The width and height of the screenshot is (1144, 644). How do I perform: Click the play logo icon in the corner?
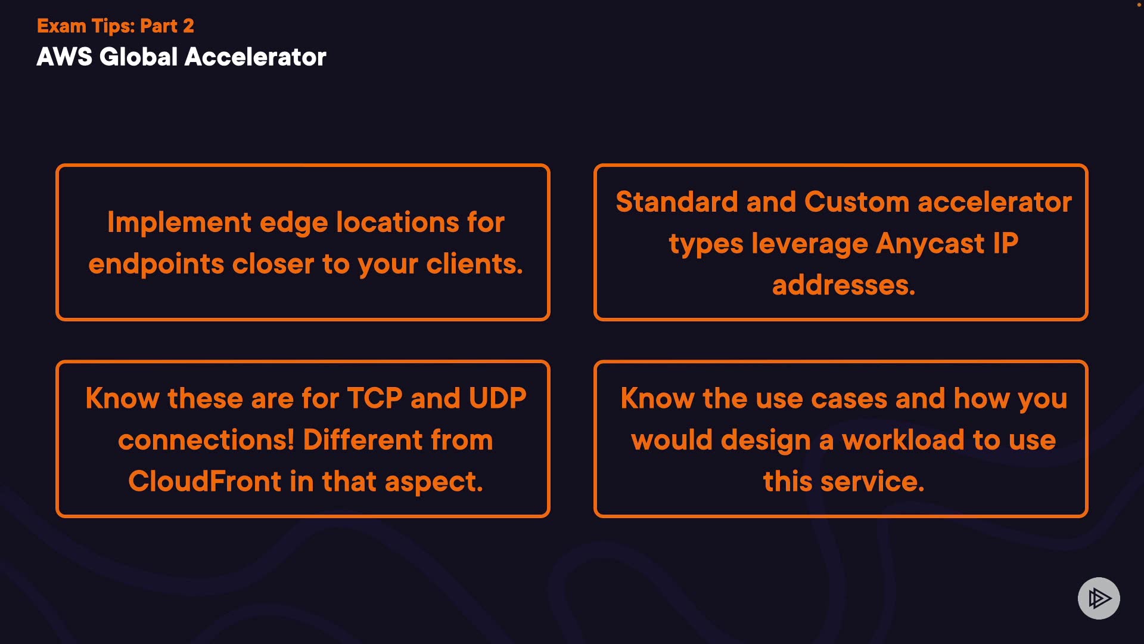(1099, 598)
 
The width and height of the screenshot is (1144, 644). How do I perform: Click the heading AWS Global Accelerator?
(181, 57)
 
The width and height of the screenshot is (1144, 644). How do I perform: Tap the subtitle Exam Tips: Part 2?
(115, 26)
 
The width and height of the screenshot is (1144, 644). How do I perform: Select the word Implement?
(179, 223)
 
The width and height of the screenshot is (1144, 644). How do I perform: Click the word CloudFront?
(204, 481)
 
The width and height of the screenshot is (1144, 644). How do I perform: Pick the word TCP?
(375, 398)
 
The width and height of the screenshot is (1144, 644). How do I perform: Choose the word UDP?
(498, 398)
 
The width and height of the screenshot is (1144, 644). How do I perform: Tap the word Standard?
(676, 202)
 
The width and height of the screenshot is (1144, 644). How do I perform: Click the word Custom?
(857, 202)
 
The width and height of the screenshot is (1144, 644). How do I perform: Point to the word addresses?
(843, 285)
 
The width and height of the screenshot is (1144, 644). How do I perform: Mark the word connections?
(206, 440)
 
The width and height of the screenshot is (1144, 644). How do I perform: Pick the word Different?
(362, 440)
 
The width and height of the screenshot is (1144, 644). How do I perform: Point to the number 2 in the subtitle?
(188, 26)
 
